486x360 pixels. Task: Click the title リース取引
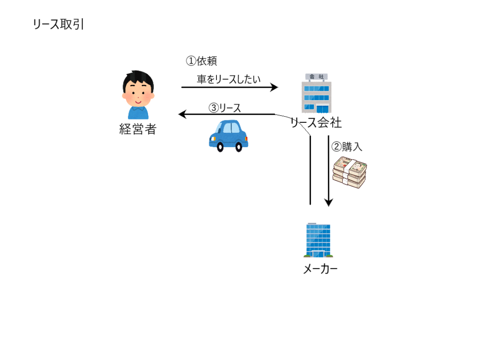coord(58,25)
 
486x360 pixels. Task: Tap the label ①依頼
coord(201,61)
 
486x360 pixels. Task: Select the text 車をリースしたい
coord(229,79)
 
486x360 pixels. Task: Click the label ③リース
coord(225,108)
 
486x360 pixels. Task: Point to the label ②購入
coord(347,147)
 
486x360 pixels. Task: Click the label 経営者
coord(138,129)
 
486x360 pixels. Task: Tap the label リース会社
coord(317,123)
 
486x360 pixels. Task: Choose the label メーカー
coord(320,269)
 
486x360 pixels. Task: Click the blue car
coord(228,136)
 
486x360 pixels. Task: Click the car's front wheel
coord(220,147)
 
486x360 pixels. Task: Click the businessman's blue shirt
coord(138,113)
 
